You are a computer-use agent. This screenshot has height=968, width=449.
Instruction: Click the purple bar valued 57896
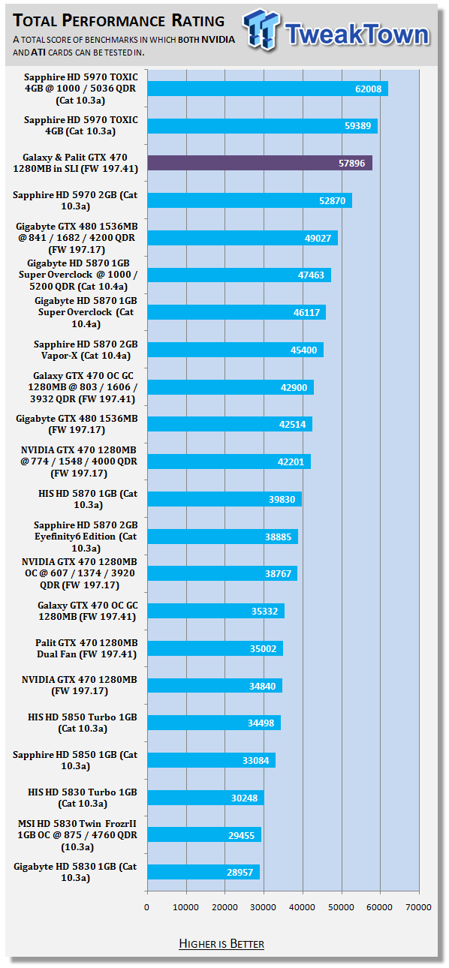[x=260, y=163]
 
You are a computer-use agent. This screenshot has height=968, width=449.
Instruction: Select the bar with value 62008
[x=268, y=89]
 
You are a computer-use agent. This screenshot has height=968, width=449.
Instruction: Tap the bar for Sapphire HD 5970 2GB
[x=249, y=200]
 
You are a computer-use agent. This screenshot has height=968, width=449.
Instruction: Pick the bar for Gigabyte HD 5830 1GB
[x=203, y=872]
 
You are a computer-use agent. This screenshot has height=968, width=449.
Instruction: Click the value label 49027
[x=318, y=238]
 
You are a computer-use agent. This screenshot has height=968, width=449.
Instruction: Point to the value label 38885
[x=278, y=537]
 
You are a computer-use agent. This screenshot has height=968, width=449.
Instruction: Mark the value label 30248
[x=245, y=798]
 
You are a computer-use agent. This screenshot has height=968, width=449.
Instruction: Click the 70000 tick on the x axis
[x=418, y=907]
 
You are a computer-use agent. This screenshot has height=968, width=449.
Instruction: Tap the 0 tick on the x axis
[x=146, y=907]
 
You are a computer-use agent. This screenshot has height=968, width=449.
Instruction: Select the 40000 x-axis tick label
[x=302, y=907]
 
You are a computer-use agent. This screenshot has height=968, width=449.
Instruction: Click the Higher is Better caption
[x=221, y=943]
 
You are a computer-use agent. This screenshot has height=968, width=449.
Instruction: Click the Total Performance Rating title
[x=119, y=21]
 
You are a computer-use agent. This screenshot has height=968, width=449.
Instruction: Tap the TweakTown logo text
[x=357, y=34]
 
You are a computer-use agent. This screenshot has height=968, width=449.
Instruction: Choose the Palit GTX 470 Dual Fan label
[x=86, y=648]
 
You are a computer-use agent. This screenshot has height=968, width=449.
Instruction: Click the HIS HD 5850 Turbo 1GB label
[x=83, y=723]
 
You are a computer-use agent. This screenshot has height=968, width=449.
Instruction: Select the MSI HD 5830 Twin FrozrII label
[x=77, y=835]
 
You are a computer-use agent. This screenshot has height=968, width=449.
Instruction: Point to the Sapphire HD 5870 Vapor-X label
[x=86, y=350]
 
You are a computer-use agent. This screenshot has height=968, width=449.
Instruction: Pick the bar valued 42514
[x=230, y=425]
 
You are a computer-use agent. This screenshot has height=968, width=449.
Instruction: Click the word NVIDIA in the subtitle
[x=218, y=40]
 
